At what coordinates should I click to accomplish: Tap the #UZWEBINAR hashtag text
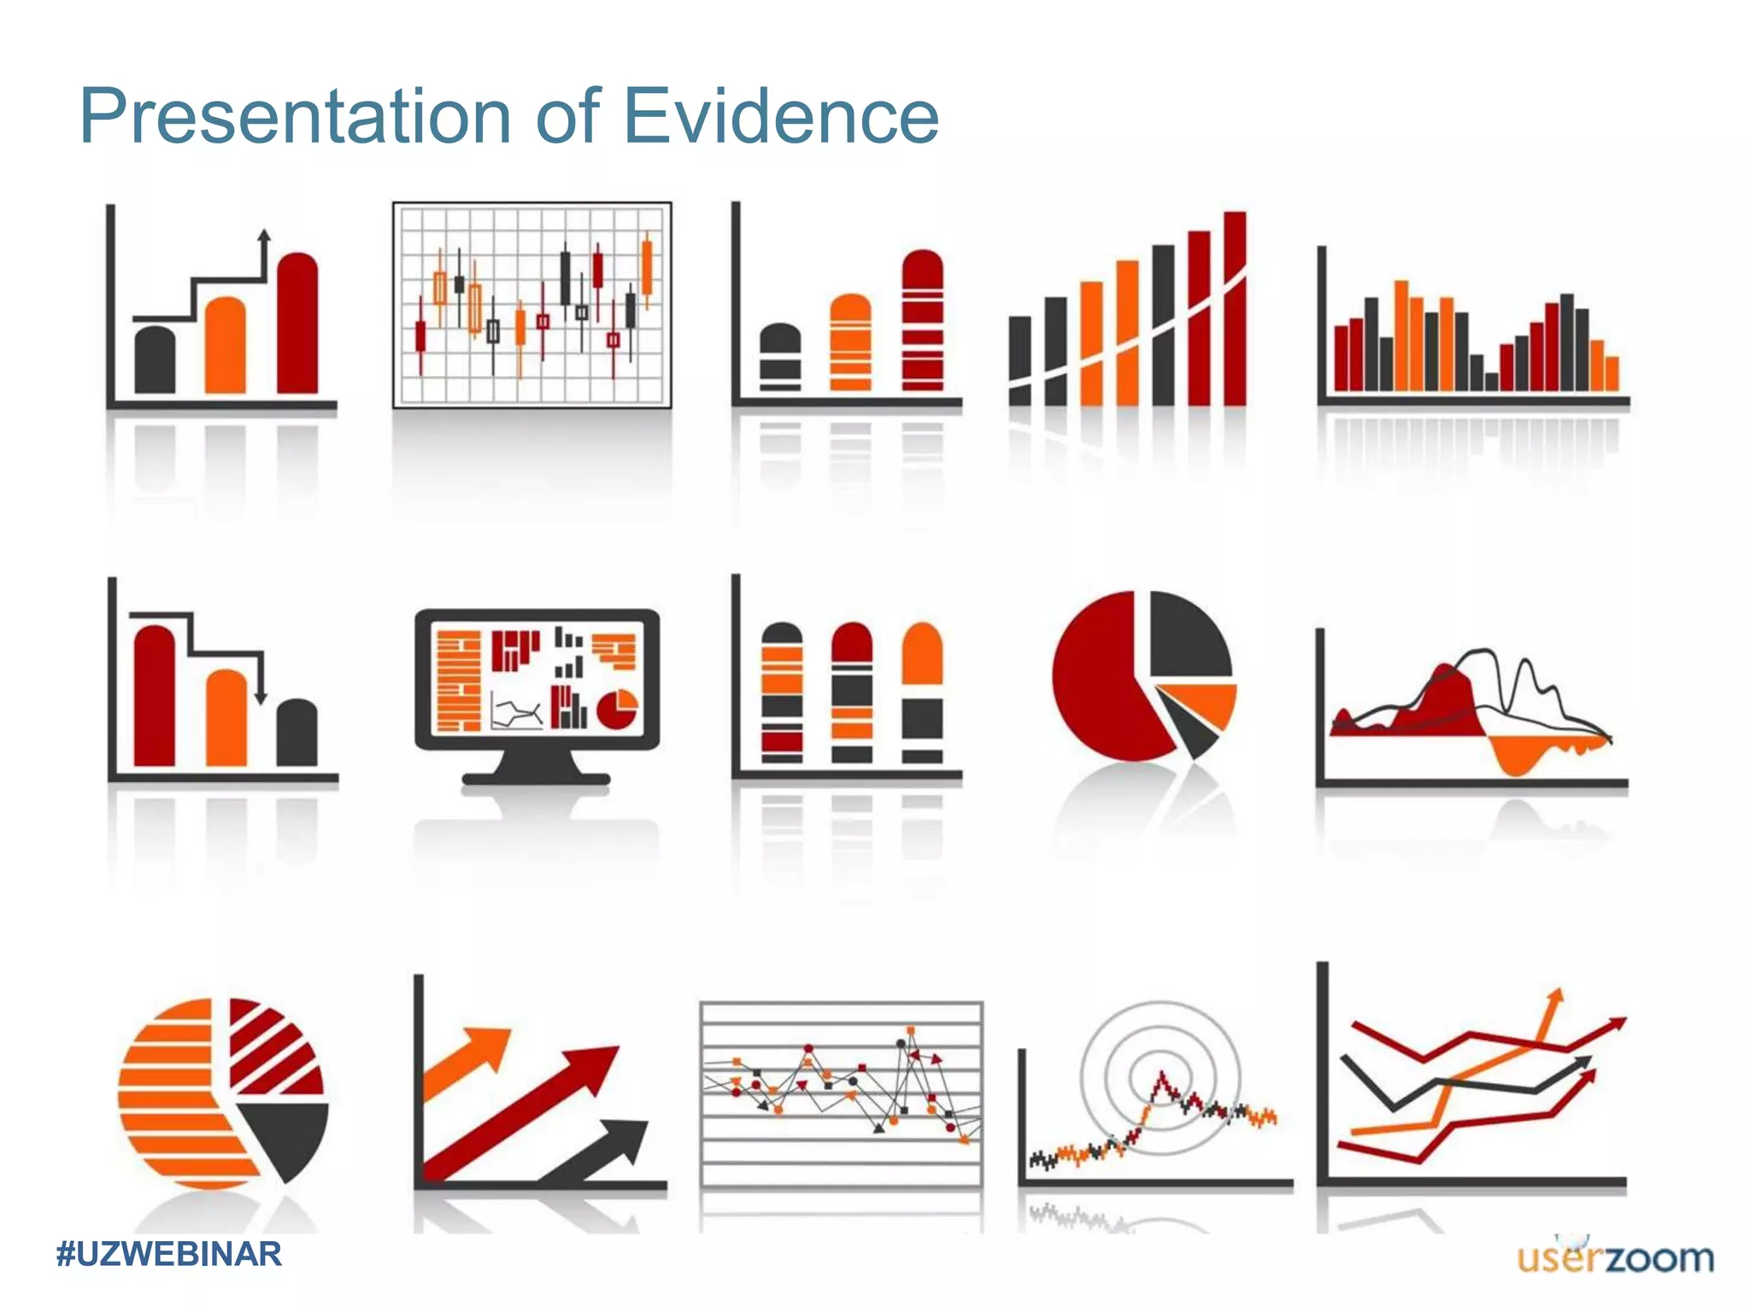pos(168,1254)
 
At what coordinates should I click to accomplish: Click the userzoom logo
pos(1615,1257)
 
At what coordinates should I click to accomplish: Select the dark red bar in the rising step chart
pos(297,325)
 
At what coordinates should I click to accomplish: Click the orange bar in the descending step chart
pos(226,719)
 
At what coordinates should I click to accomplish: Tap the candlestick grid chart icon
pos(531,305)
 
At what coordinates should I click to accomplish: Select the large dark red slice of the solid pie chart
pos(1098,683)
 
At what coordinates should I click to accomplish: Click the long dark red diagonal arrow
pos(521,1110)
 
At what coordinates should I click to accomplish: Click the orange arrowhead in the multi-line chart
pos(1555,998)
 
